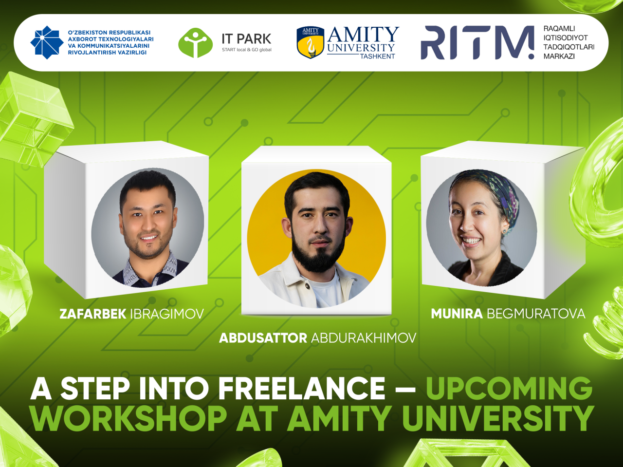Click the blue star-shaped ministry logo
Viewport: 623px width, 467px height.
click(x=47, y=42)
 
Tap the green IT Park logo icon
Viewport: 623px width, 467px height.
click(x=195, y=43)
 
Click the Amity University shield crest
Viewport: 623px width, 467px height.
click(x=310, y=42)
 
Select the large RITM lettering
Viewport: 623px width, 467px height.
click(x=477, y=42)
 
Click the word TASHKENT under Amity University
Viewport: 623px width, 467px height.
click(x=378, y=56)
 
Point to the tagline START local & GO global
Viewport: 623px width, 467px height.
click(x=247, y=50)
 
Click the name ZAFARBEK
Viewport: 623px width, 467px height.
click(x=93, y=314)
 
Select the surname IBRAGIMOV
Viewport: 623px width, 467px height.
click(x=167, y=314)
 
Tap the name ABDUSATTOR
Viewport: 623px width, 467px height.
click(x=263, y=338)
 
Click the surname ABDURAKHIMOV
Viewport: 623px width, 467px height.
click(x=364, y=338)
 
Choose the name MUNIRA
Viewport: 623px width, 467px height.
click(x=457, y=314)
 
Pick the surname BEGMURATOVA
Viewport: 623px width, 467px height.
click(x=536, y=314)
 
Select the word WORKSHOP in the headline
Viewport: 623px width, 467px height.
click(x=129, y=418)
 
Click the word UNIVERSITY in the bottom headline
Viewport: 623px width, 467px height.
click(x=497, y=418)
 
